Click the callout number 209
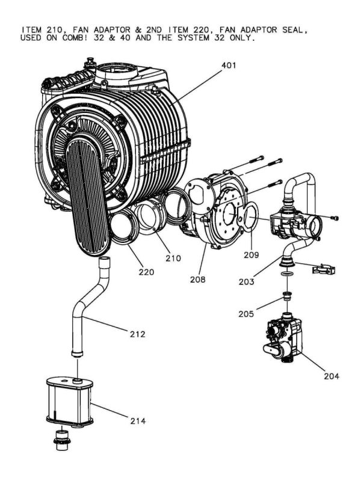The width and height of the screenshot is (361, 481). point(251,254)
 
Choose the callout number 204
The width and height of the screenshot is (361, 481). point(330,376)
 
